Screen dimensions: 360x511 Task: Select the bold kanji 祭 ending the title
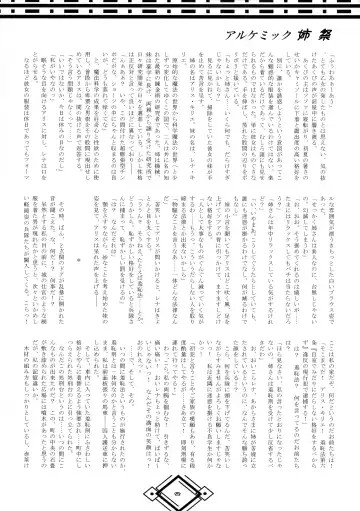[324, 44]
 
